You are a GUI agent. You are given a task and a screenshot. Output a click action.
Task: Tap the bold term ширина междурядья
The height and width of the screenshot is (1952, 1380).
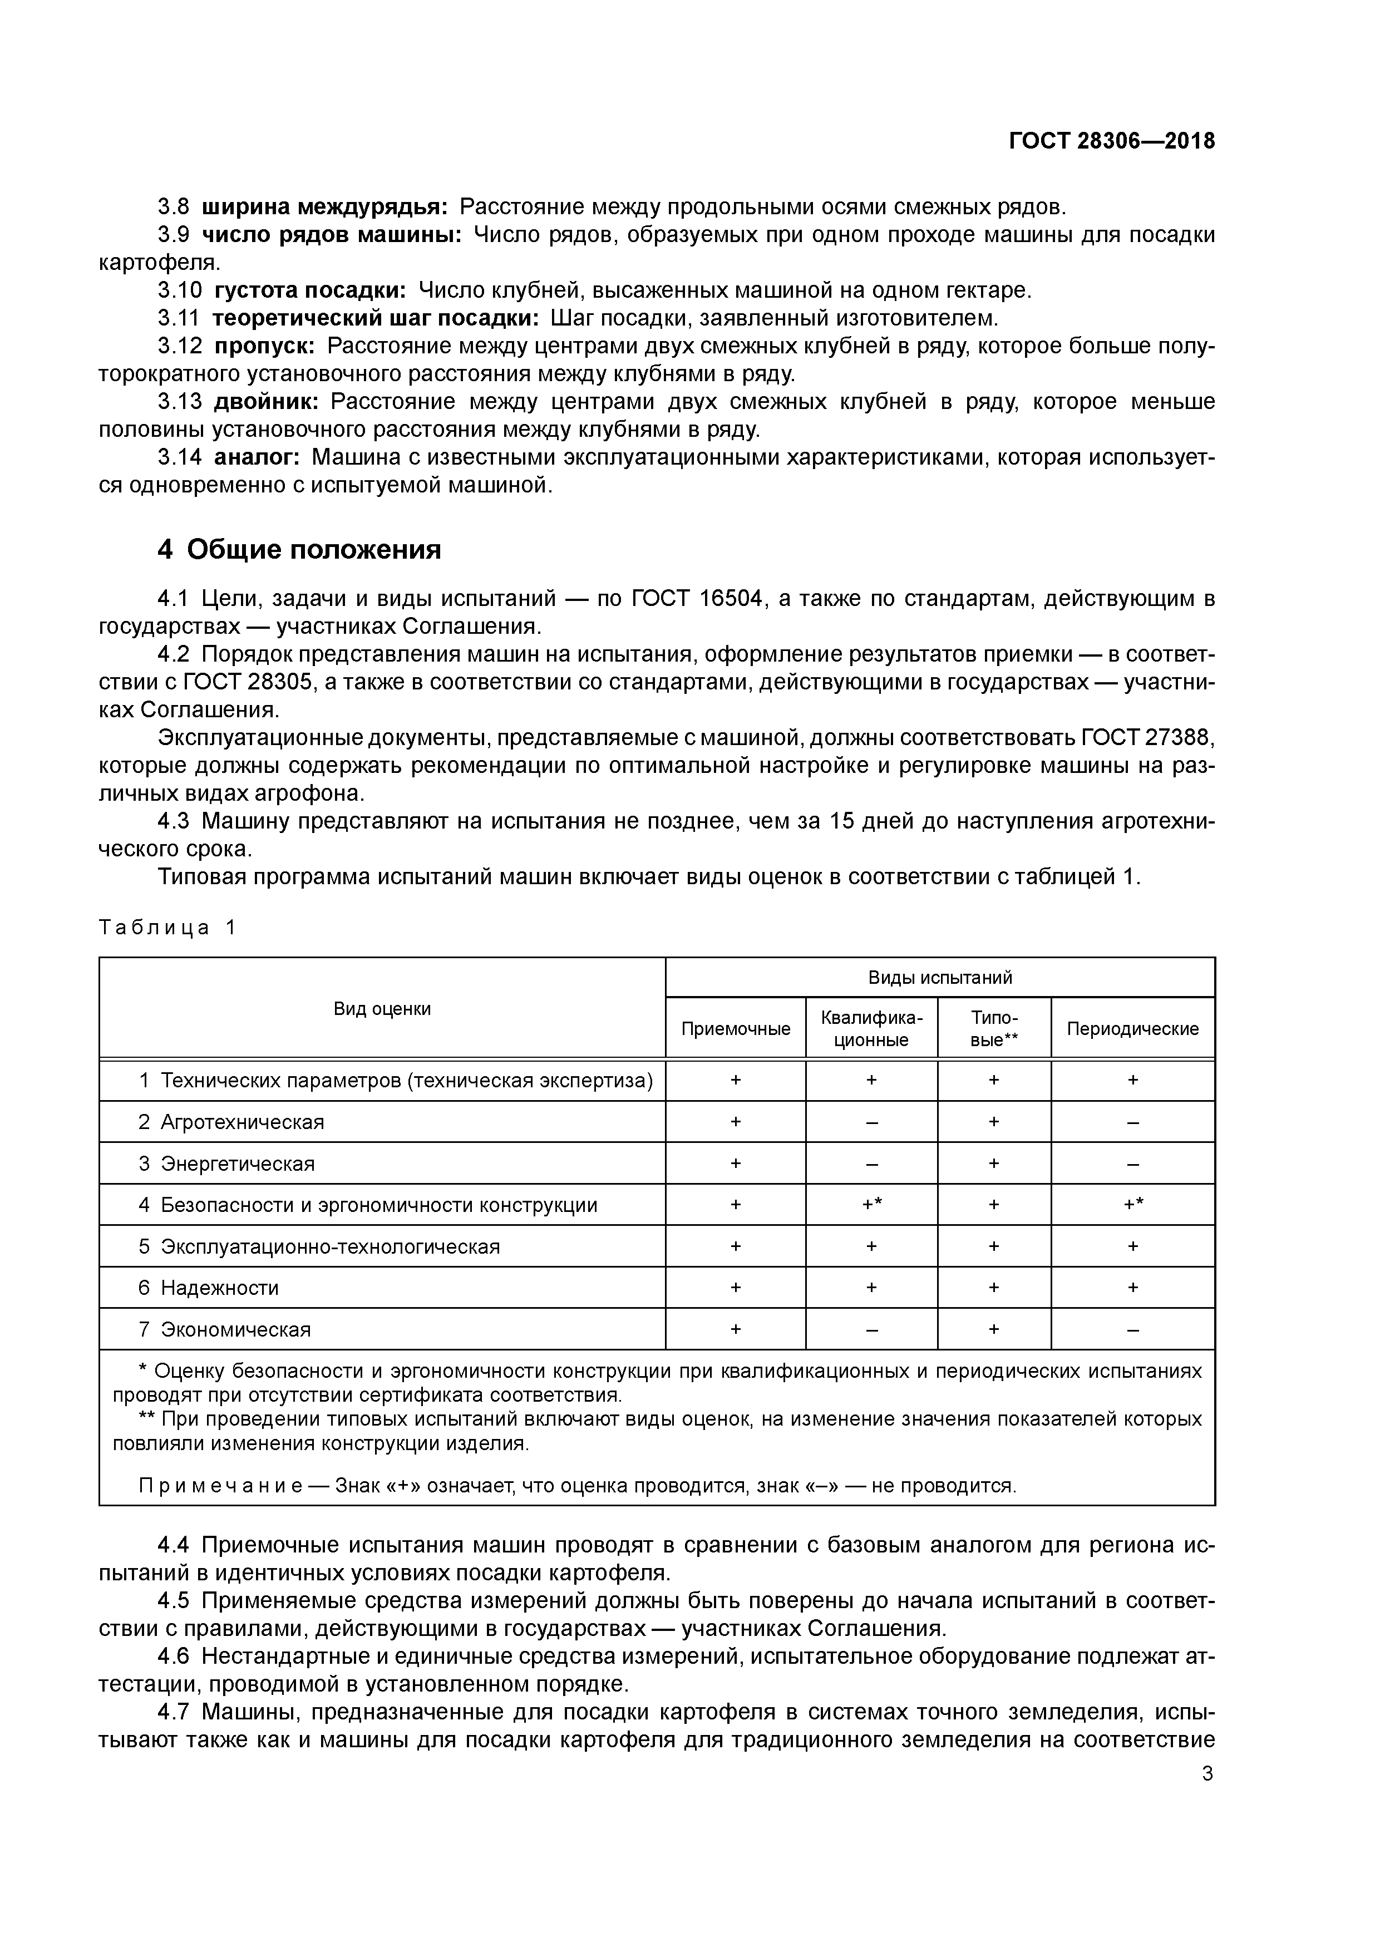click(325, 206)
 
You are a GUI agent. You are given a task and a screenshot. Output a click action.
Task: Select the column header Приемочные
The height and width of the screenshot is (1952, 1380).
click(736, 1029)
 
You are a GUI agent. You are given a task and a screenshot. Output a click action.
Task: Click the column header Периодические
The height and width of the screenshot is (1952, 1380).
click(1132, 1029)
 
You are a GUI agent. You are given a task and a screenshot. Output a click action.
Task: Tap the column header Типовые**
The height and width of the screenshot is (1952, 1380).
click(994, 1029)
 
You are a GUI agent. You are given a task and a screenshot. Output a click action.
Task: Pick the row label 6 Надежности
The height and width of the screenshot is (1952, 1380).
click(208, 1288)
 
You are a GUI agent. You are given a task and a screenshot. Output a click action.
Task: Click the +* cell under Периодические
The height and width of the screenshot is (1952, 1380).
click(1132, 1205)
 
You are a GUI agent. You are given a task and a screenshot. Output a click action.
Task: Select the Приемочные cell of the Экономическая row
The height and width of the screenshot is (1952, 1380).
click(736, 1330)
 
